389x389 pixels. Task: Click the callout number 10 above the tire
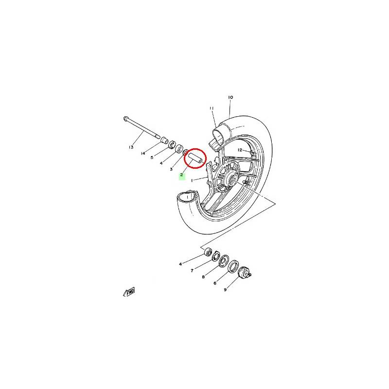230,97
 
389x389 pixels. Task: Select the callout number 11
212,108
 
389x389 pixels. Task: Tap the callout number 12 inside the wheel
240,150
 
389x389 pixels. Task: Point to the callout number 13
131,147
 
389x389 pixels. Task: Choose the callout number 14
143,153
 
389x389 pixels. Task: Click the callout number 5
152,157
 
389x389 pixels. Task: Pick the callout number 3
171,169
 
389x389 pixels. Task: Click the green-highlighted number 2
182,175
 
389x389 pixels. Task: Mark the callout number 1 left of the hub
192,180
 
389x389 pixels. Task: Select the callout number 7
192,271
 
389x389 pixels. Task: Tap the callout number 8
203,277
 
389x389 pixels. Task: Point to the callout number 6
215,283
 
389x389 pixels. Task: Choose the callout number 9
225,289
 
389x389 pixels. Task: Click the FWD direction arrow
129,292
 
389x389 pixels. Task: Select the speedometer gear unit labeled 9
244,272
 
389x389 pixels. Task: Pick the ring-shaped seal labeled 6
233,266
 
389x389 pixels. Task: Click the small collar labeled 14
164,140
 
